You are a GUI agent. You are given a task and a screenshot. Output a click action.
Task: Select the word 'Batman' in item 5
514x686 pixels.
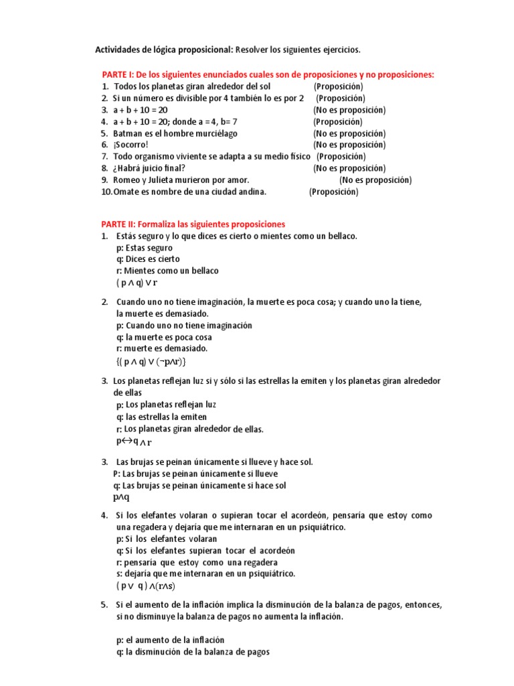pos(128,133)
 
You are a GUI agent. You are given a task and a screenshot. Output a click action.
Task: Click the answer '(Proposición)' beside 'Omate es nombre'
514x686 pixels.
pos(334,192)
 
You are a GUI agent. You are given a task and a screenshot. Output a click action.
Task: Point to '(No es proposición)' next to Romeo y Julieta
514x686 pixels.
pos(375,180)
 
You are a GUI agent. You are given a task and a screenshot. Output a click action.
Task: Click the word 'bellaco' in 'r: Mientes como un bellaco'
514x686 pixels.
pos(204,271)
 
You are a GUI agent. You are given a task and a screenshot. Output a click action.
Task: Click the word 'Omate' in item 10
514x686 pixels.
pos(126,192)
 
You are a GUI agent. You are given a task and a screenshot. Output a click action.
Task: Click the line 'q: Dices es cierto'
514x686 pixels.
pos(148,259)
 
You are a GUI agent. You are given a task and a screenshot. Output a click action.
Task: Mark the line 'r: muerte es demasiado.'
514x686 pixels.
pos(162,348)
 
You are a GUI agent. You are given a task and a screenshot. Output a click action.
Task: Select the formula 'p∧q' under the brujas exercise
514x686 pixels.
pos(121,497)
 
